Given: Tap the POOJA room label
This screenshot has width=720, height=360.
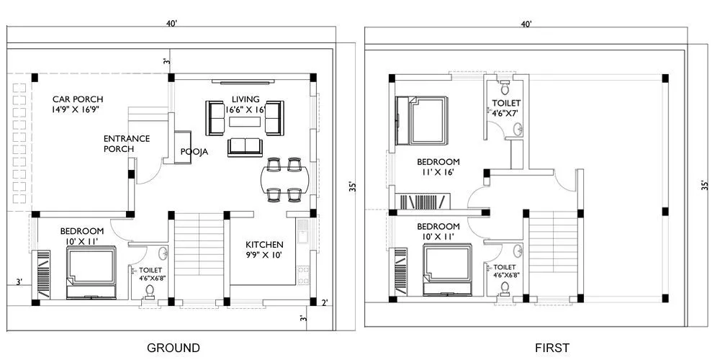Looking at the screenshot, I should pos(194,152).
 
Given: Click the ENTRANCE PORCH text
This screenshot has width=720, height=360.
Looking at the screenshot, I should pos(126,143).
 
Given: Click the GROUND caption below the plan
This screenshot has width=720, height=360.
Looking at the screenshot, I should pos(174,348).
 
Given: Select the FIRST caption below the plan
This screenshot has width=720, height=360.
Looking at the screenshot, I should pos(552,348).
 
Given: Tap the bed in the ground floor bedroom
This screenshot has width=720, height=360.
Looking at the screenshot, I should pos(91,271).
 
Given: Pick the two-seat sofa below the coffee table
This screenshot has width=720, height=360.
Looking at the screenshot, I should pos(246,147).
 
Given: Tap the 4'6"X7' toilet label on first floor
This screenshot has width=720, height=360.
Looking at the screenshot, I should pos(506,108).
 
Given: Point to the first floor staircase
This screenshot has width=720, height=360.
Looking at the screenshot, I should pos(553,252).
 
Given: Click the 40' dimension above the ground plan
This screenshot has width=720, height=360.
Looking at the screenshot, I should pos(171,24).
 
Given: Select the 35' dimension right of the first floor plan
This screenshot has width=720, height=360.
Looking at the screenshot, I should pos(705,184).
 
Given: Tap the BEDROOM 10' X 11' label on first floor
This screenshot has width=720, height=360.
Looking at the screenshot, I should pos(438,230).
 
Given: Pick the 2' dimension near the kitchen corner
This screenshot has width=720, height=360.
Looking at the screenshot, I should pos(325,302).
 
